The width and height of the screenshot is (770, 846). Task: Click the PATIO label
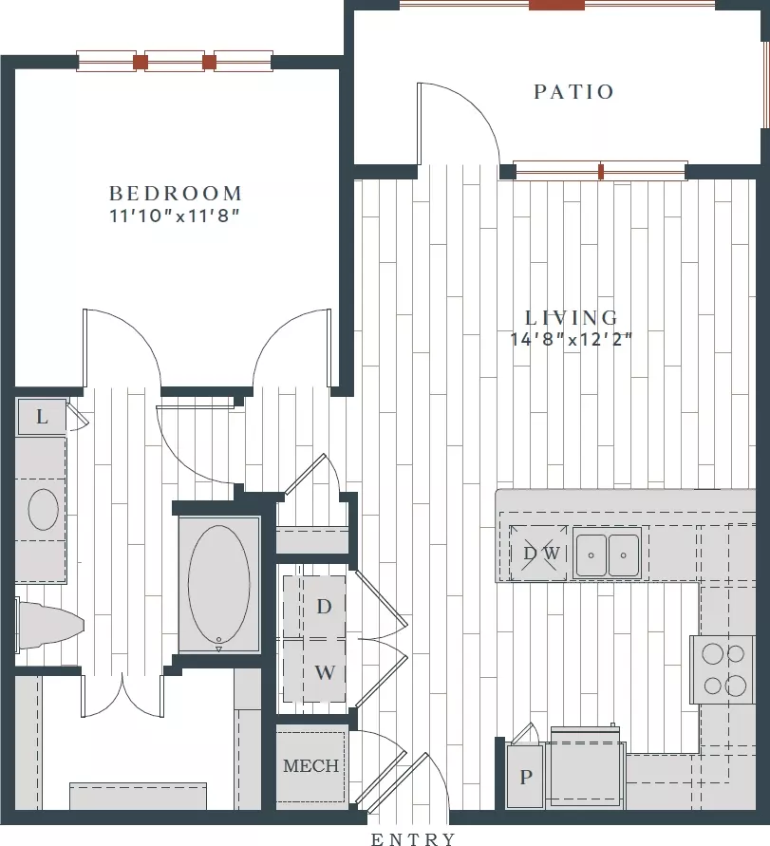point(573,92)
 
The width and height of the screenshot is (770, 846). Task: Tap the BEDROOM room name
point(176,193)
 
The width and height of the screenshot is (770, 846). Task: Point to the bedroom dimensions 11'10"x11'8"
point(175,216)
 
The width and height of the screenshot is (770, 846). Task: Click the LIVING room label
point(572,317)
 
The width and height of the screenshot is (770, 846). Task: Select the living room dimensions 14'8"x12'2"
point(571,339)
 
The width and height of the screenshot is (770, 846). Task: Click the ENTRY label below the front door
point(413,838)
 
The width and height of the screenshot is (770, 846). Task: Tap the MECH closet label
point(310,765)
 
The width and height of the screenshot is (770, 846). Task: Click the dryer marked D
point(314,607)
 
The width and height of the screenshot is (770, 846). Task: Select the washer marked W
point(314,671)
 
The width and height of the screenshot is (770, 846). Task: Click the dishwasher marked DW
point(538,553)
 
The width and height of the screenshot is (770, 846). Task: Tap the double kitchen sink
point(607,554)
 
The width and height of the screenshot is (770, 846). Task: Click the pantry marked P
point(525,777)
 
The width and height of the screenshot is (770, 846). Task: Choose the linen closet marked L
point(42,417)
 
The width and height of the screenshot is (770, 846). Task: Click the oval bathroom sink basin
point(43,509)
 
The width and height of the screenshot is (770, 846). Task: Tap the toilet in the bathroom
point(49,626)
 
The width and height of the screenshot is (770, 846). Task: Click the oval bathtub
point(219,585)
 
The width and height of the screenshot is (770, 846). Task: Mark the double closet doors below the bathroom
point(122,696)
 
